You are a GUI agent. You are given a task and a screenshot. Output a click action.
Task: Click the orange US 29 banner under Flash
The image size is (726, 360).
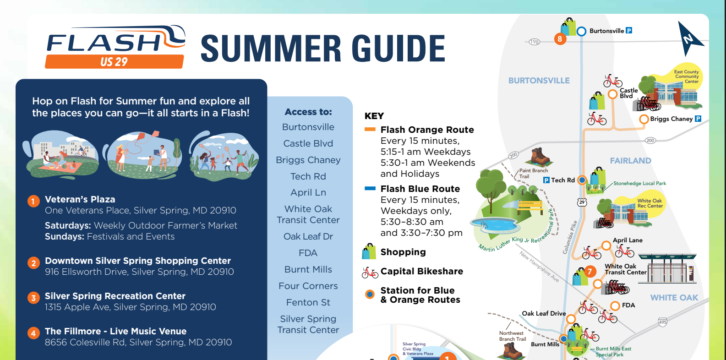(x=114, y=61)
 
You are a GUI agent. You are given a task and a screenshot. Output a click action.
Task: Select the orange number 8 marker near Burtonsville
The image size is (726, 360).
(x=560, y=39)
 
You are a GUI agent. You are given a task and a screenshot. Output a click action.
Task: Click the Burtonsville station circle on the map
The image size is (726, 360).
(x=581, y=32)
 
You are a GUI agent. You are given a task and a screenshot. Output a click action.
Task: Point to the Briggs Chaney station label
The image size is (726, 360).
(x=671, y=119)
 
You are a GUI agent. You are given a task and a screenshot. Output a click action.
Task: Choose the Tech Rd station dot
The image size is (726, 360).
(x=582, y=180)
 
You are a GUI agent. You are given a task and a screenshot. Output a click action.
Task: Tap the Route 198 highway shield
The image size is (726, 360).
(x=534, y=42)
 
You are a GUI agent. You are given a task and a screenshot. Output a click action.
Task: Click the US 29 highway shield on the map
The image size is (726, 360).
(x=582, y=202)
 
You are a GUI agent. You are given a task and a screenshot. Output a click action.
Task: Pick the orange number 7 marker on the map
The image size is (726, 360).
(x=590, y=272)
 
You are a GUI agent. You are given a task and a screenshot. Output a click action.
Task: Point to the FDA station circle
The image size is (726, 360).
(x=615, y=305)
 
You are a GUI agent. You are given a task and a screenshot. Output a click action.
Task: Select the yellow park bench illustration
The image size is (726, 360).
(x=530, y=207)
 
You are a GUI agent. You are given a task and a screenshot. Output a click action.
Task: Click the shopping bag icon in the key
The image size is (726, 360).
(x=369, y=251)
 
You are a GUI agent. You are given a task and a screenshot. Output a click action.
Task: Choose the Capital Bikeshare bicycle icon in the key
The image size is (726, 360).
(x=370, y=273)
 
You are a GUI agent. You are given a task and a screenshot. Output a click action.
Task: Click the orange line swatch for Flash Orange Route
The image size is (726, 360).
(x=370, y=129)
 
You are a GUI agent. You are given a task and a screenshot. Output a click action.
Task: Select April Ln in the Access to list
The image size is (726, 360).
(x=308, y=192)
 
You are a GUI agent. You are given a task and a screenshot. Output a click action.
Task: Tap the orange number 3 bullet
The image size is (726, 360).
(x=33, y=298)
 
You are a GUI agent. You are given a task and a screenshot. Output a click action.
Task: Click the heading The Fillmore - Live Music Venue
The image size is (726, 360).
(x=116, y=331)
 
